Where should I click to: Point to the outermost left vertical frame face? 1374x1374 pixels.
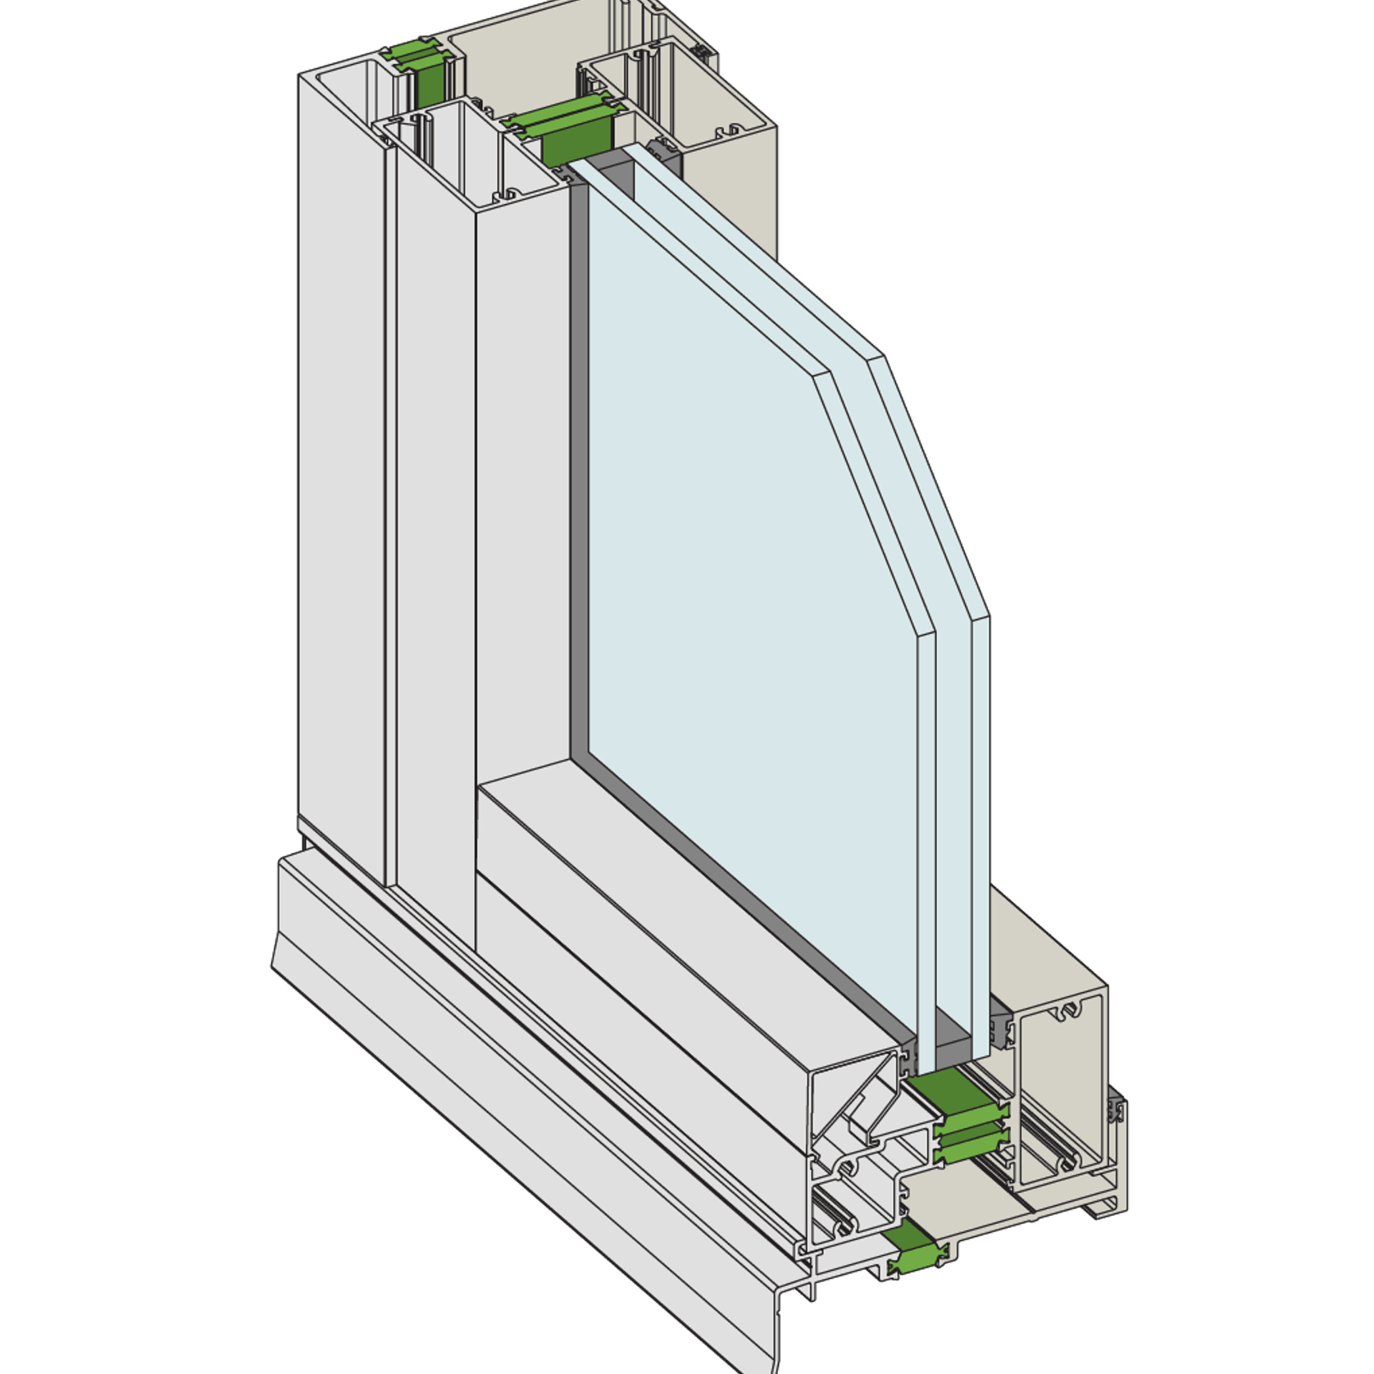coord(340,492)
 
